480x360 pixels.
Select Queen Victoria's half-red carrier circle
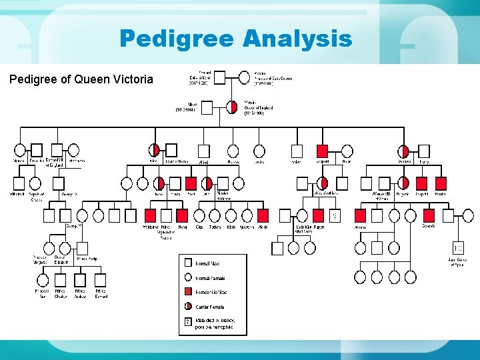pos(232,107)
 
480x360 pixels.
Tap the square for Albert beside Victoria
pos(207,107)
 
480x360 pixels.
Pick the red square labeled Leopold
pos(323,151)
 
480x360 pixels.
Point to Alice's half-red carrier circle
pos(154,151)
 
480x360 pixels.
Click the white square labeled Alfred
pos(204,151)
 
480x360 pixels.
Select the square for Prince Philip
pos(80,246)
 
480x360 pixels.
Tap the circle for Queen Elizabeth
pos(60,246)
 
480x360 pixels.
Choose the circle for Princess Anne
pos(42,279)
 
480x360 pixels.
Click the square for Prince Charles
pos(61,279)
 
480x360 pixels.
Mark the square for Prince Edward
pos(100,279)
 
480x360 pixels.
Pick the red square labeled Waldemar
pos(150,215)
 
